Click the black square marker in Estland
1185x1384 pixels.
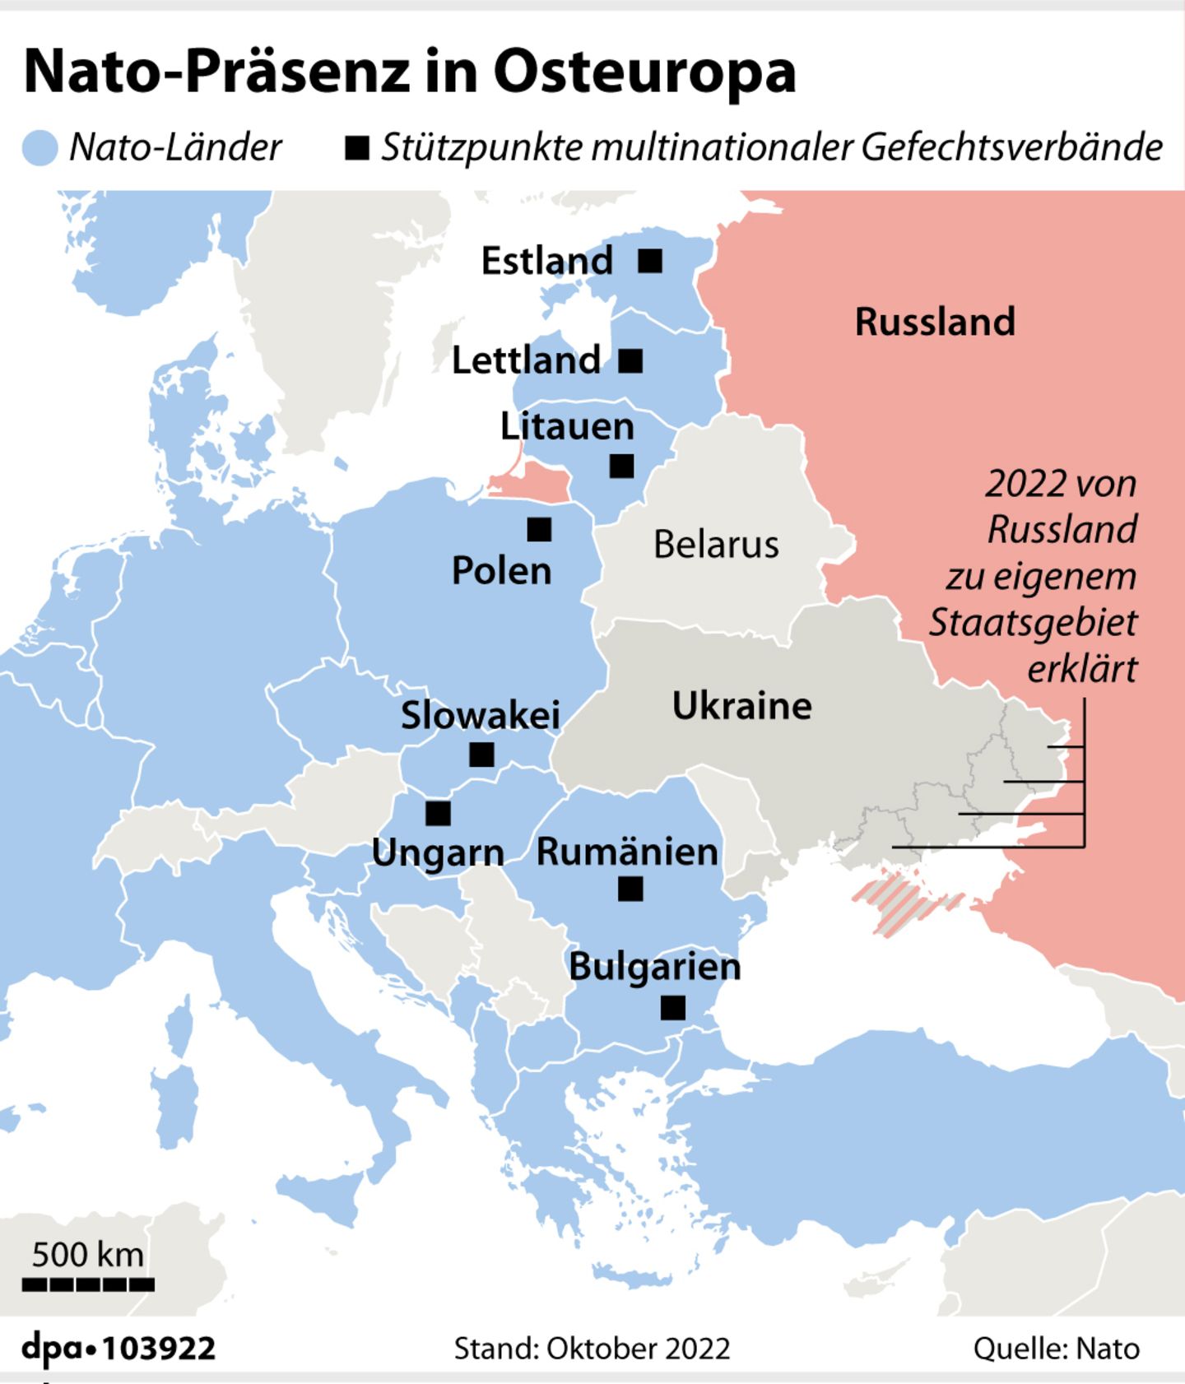point(650,261)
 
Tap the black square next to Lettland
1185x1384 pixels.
point(630,360)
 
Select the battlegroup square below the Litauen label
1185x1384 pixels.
point(621,466)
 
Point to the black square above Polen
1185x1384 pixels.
point(539,529)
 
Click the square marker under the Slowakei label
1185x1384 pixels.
point(481,754)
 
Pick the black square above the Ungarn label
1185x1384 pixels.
point(438,813)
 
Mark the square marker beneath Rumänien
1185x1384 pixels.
point(630,889)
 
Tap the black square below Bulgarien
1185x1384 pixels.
point(673,1007)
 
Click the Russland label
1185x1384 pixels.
point(935,322)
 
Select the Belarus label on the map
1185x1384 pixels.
point(716,545)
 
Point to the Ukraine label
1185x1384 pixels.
point(741,706)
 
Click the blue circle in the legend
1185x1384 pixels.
point(39,148)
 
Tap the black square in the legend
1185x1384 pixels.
point(356,148)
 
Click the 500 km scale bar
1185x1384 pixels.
point(88,1284)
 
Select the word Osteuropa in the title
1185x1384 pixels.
point(644,72)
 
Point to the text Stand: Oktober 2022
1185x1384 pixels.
point(592,1349)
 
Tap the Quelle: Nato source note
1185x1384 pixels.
point(1056,1349)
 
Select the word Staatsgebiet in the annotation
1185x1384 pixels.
point(1033,623)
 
